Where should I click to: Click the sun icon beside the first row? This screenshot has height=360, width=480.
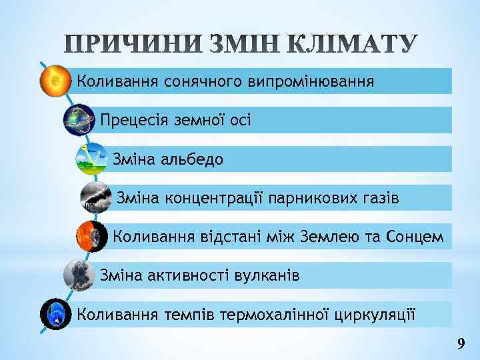click(x=53, y=81)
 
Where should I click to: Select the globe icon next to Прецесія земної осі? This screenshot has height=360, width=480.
click(x=79, y=120)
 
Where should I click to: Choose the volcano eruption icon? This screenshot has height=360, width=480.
click(x=78, y=275)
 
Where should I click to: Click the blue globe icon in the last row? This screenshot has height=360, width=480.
click(x=55, y=314)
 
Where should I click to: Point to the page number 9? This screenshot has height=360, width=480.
click(x=461, y=344)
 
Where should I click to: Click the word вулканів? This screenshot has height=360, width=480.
click(x=266, y=275)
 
